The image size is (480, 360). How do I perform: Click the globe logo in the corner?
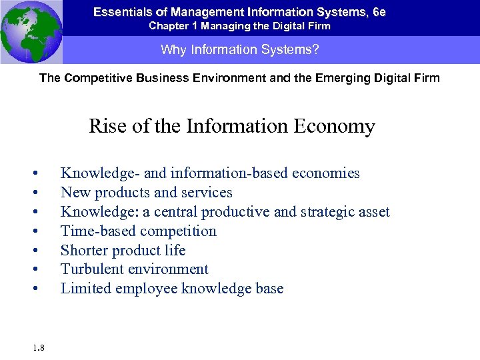[x=31, y=31]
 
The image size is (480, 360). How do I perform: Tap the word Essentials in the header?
[x=121, y=12]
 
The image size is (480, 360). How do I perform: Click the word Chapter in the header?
[x=167, y=26]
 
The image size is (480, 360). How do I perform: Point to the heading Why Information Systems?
[x=239, y=50]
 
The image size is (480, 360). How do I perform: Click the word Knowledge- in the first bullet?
[x=99, y=173]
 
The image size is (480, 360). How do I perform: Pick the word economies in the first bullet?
[x=326, y=173]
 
